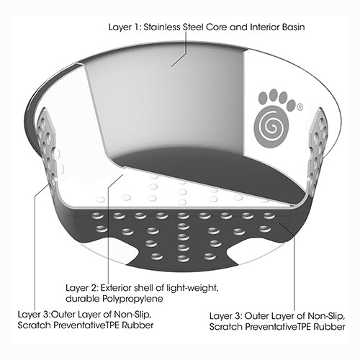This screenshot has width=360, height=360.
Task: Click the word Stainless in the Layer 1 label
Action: [162, 27]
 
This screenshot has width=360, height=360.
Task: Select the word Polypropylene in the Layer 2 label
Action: [132, 299]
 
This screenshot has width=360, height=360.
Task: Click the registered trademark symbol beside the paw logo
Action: [300, 107]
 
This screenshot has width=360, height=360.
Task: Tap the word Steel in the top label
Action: [194, 27]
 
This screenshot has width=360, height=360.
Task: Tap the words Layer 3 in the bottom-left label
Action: [34, 314]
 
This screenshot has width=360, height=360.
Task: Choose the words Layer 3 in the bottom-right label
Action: [226, 316]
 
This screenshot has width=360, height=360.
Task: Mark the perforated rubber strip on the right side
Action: [317, 146]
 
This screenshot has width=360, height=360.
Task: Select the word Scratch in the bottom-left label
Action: [34, 325]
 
